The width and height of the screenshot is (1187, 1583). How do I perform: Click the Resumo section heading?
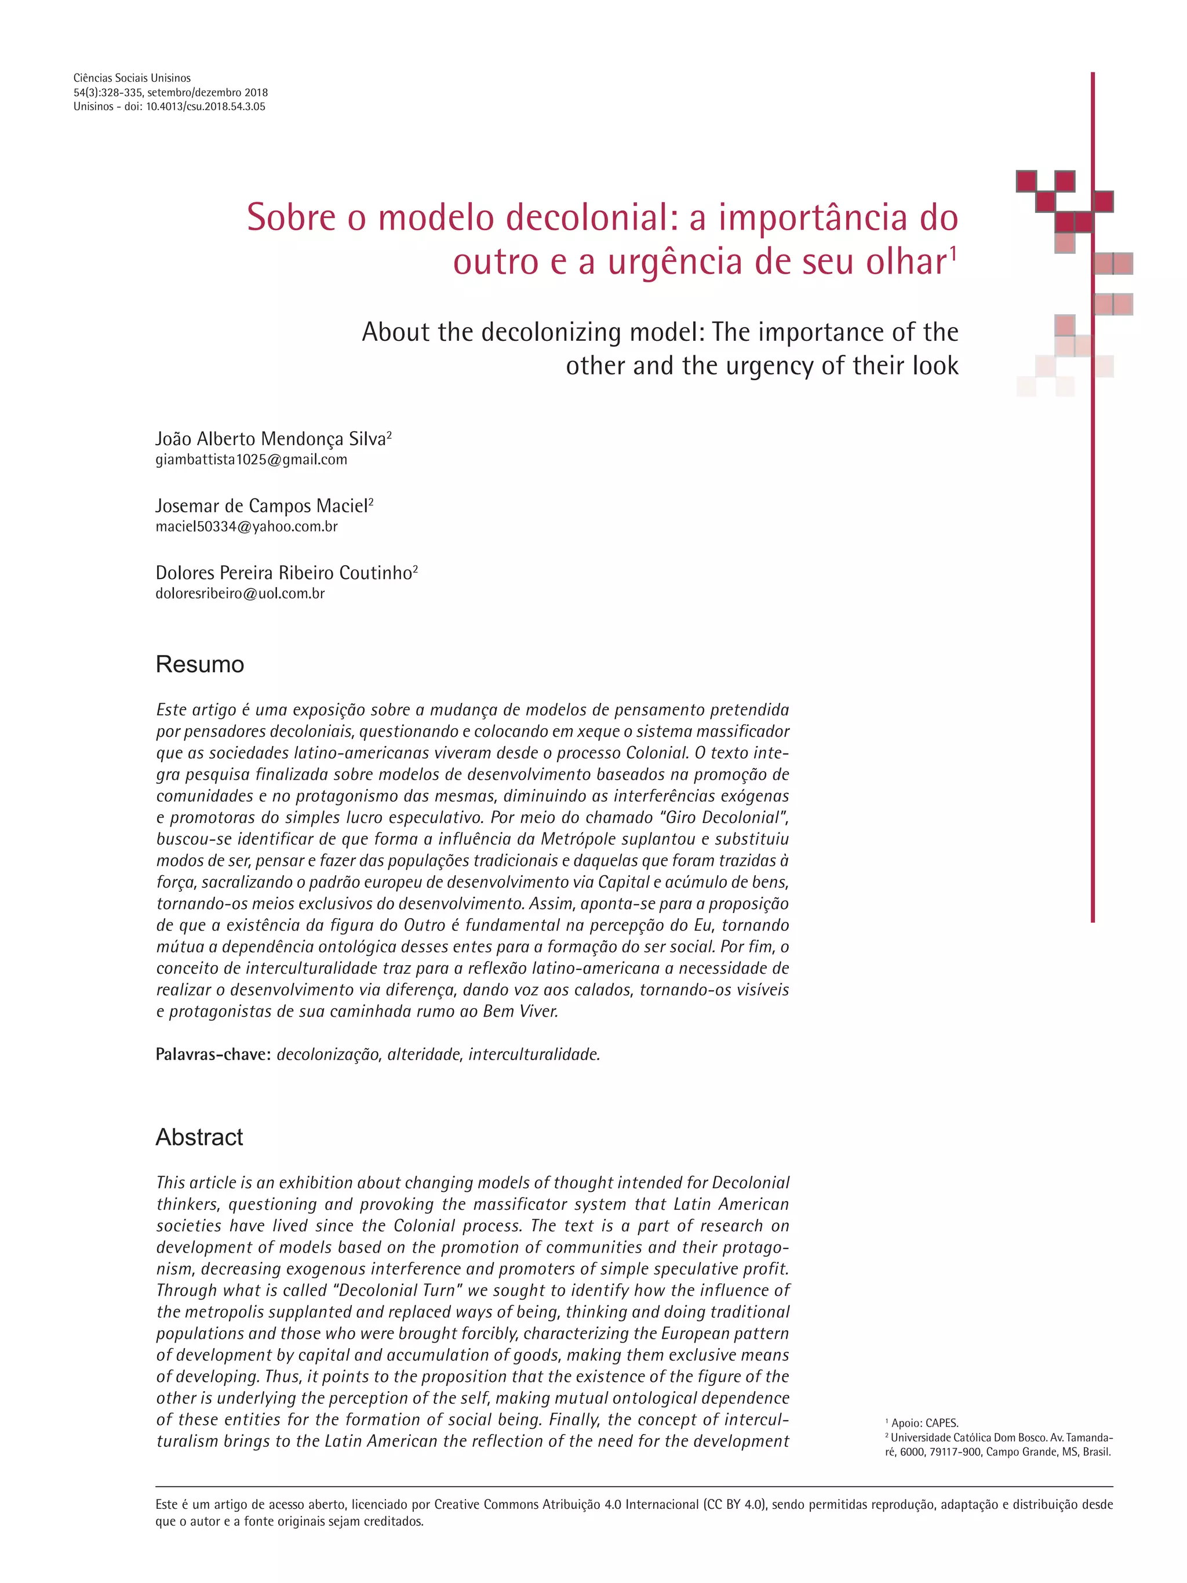tap(199, 664)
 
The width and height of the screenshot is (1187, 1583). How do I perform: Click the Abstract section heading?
tap(199, 1137)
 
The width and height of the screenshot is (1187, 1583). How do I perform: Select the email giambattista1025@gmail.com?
tap(251, 460)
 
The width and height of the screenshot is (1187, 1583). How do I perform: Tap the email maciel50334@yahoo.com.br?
tap(246, 527)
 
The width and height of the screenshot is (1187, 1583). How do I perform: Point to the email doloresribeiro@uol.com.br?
tap(240, 594)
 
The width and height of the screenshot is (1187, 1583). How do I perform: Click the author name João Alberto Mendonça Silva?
tap(271, 439)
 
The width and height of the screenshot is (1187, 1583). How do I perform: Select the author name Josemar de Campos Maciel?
tap(261, 506)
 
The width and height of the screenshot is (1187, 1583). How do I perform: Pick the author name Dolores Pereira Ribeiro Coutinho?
tap(283, 573)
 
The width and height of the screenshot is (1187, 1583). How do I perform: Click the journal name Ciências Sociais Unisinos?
tap(132, 78)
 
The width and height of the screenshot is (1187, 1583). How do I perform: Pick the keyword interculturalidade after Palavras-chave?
tap(534, 1054)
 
